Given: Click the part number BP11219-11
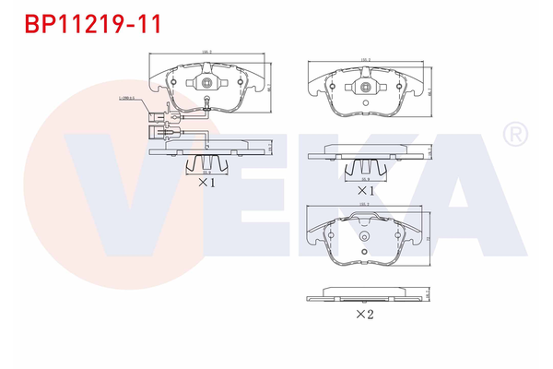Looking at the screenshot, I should [81, 24].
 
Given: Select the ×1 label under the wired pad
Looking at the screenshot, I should [206, 183].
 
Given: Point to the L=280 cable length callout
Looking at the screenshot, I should [127, 97].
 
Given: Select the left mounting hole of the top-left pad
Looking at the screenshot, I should [171, 82].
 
